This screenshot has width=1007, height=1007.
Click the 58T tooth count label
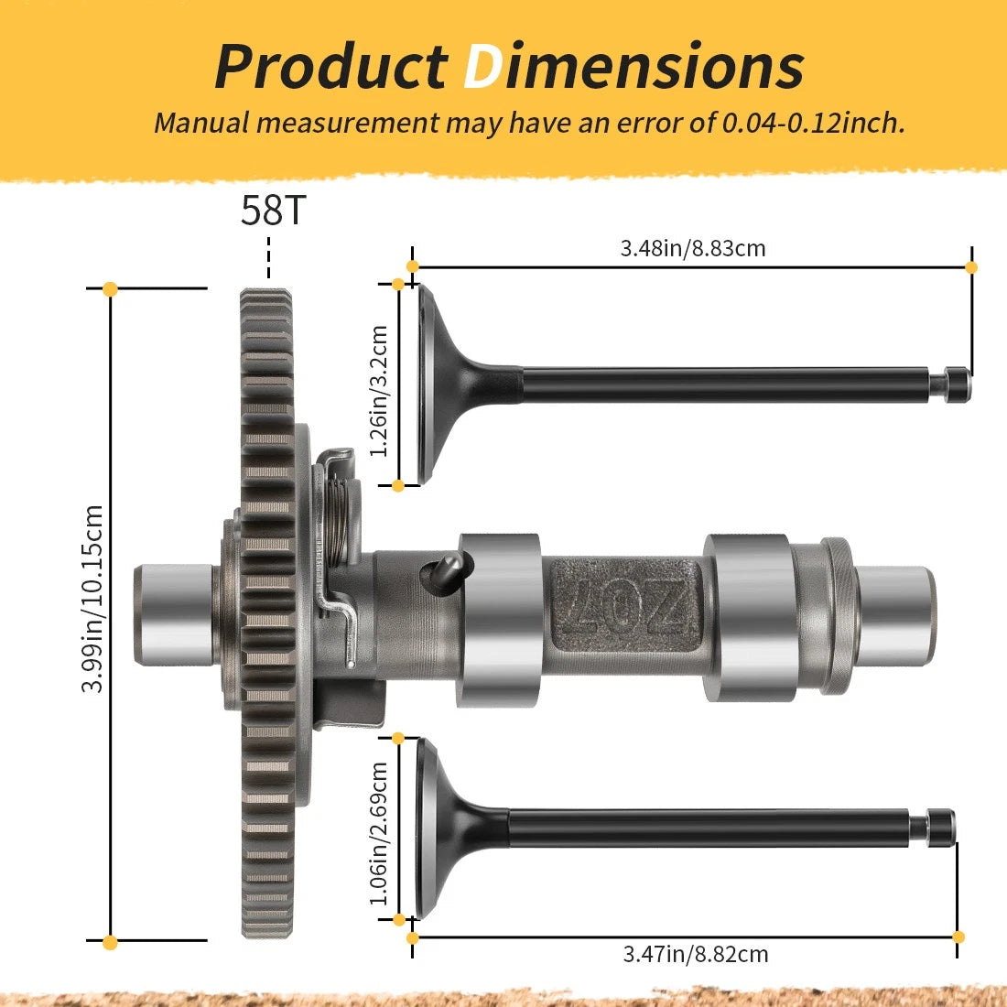(273, 210)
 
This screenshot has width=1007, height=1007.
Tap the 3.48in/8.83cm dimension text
(693, 248)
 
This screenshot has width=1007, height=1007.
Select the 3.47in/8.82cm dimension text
(696, 954)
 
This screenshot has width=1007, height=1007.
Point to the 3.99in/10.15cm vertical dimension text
(92, 599)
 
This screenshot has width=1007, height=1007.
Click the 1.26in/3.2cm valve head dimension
(379, 391)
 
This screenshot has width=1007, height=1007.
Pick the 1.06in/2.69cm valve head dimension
(379, 834)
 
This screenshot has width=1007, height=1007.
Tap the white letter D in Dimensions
(483, 67)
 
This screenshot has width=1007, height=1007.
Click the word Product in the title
(331, 67)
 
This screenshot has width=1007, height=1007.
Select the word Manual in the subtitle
(200, 123)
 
